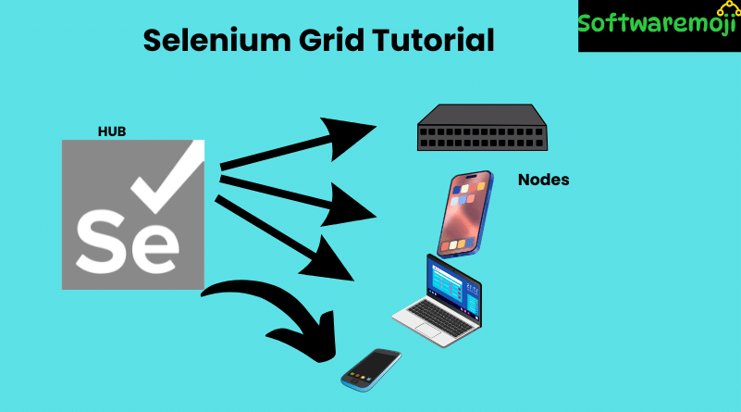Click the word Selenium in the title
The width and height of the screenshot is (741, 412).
[x=216, y=41]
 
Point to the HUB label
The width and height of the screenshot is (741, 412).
[x=111, y=131]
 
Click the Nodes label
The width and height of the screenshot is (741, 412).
[x=543, y=180]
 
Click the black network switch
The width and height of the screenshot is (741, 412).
[x=482, y=129]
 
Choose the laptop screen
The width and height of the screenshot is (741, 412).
[x=452, y=285]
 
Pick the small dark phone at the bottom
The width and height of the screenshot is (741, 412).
[x=371, y=368]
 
